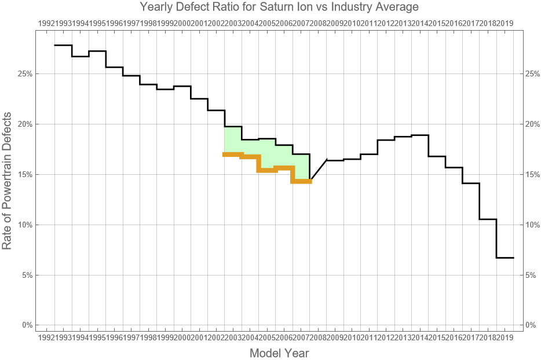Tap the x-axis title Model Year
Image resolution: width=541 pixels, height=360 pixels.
click(279, 353)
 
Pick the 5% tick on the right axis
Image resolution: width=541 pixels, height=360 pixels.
click(531, 275)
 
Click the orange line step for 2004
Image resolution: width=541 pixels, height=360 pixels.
click(250, 157)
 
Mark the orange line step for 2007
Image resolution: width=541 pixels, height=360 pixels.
click(301, 182)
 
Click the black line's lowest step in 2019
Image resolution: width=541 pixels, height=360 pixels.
click(505, 258)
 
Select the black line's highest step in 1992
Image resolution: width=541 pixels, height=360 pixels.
click(63, 45)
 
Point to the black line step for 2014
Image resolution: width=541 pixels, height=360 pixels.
click(420, 135)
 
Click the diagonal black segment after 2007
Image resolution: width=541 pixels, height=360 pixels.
click(318, 170)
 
